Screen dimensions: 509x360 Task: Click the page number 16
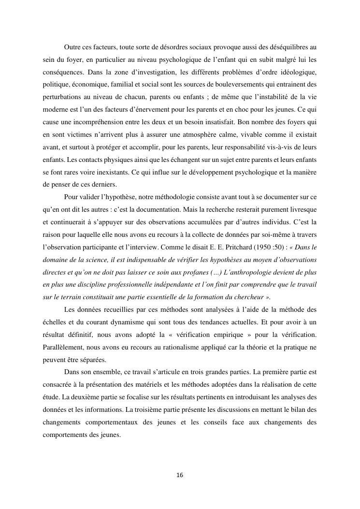[x=180, y=475]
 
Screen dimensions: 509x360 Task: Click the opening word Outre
[x=72, y=47]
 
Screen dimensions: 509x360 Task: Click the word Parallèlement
[x=59, y=346]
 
